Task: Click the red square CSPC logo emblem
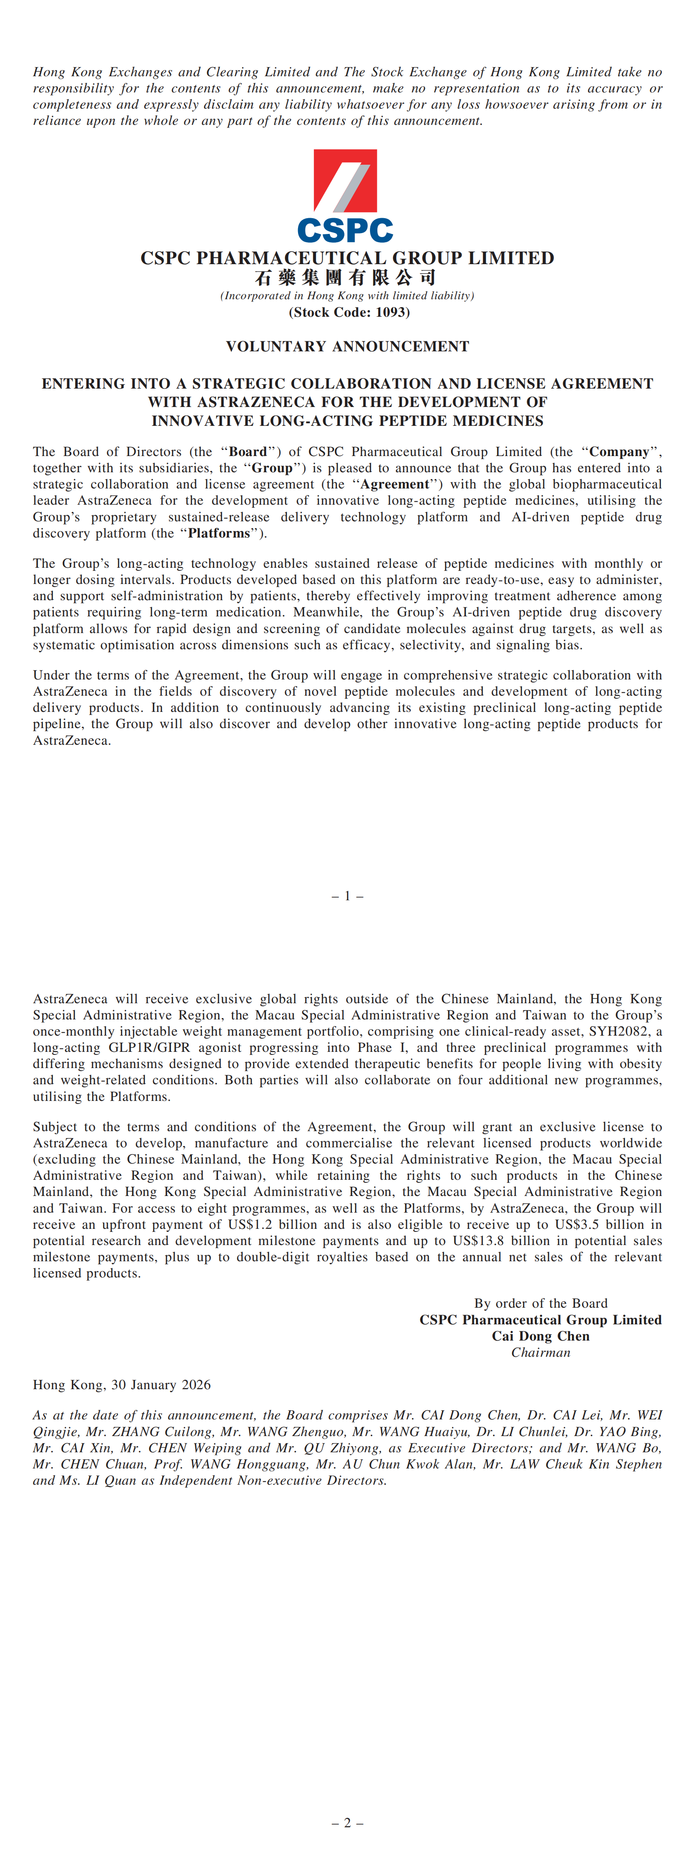click(345, 180)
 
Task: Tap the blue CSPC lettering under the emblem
click(345, 230)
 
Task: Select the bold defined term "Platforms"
click(219, 533)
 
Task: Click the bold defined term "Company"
click(619, 452)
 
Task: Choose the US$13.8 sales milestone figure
click(478, 1241)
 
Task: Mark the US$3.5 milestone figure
click(576, 1224)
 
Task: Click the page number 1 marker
click(348, 896)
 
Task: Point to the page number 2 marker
click(348, 1823)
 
